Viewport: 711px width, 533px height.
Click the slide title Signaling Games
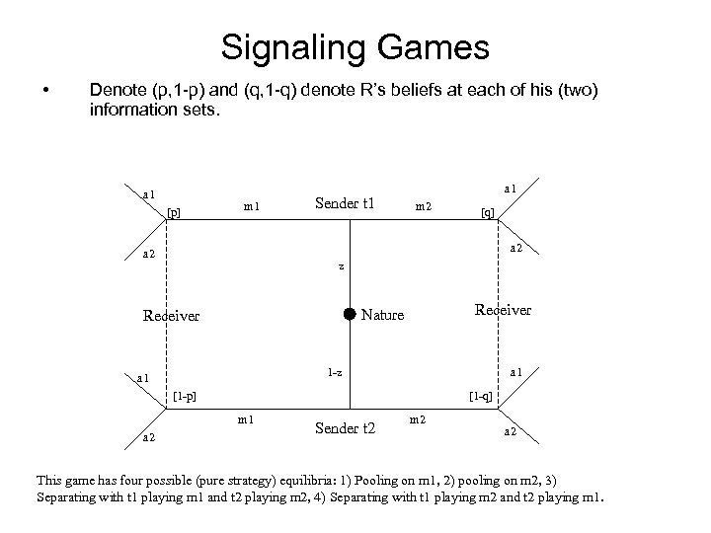(355, 46)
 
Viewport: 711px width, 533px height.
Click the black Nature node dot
(350, 315)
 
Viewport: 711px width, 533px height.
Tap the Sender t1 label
(345, 204)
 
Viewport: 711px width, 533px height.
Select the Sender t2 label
(345, 427)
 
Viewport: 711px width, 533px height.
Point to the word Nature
(383, 316)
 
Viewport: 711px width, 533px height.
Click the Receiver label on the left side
(171, 317)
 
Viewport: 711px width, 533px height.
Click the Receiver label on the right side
(503, 310)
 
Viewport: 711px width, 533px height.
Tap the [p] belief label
(174, 211)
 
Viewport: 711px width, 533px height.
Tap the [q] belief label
(487, 211)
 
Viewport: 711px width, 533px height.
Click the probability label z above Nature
(341, 266)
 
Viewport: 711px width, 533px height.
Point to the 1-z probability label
(336, 372)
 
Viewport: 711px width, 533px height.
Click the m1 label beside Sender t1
(251, 206)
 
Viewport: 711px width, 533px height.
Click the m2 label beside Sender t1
(423, 206)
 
